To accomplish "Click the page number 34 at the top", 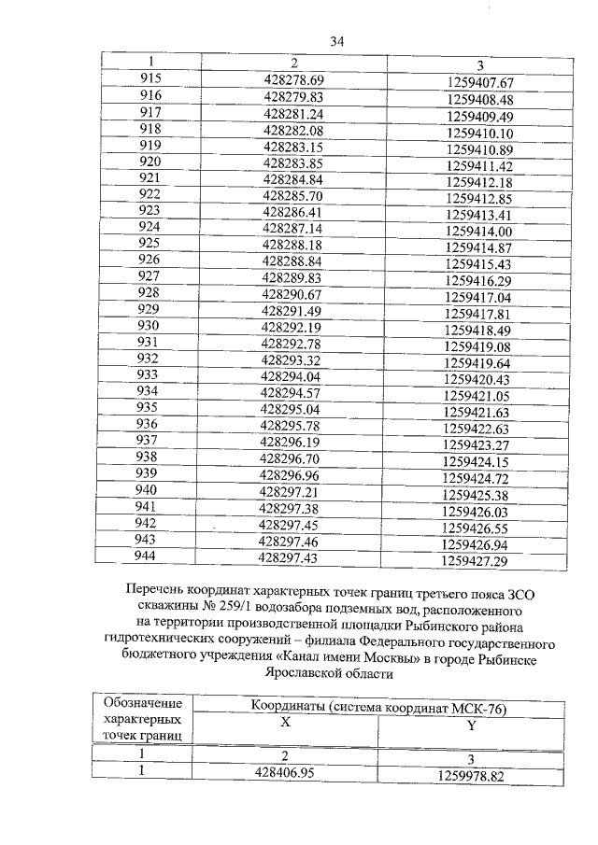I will (337, 41).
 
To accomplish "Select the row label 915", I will (150, 80).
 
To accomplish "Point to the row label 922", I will (149, 194).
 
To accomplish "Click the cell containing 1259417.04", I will (477, 297).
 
